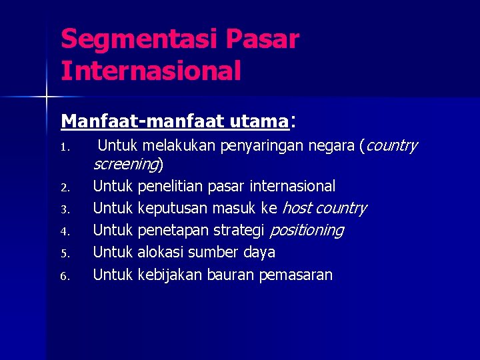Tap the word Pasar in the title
click(x=263, y=40)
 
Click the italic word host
click(x=296, y=209)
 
